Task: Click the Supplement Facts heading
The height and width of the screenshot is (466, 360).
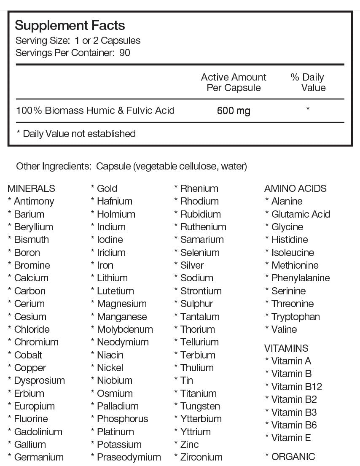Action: click(x=70, y=25)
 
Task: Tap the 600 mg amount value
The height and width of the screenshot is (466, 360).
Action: click(x=234, y=111)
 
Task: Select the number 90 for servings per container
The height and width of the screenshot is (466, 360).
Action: click(x=125, y=53)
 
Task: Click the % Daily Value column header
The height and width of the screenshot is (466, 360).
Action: click(x=308, y=82)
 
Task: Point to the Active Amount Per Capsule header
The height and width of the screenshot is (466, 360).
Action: click(x=234, y=82)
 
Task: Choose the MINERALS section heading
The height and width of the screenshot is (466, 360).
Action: click(x=31, y=189)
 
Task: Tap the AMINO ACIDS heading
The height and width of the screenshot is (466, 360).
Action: click(x=295, y=189)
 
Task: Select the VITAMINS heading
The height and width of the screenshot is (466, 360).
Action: click(x=286, y=348)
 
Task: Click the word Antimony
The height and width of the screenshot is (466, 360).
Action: click(x=34, y=201)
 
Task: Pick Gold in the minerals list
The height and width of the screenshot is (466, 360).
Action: click(x=107, y=189)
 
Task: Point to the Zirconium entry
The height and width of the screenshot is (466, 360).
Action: click(x=201, y=457)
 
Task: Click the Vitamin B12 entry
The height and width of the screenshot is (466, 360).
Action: click(x=297, y=387)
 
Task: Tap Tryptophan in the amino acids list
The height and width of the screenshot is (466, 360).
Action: click(x=296, y=317)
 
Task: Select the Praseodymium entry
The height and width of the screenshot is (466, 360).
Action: click(x=129, y=457)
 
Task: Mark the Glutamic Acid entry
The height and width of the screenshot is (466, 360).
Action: click(x=301, y=214)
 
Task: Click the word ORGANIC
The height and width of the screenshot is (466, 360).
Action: click(x=293, y=457)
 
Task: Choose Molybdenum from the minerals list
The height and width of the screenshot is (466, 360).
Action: click(x=125, y=329)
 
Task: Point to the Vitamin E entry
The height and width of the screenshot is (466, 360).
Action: click(x=291, y=438)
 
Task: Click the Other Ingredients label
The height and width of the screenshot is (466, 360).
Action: click(x=54, y=166)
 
